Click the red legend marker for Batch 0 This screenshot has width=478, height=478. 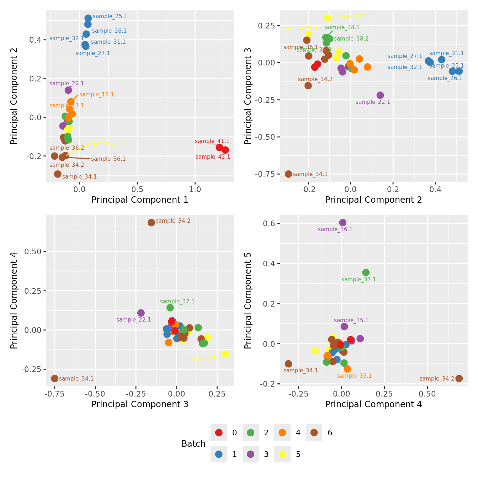219,432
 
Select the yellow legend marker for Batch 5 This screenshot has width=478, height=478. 282,454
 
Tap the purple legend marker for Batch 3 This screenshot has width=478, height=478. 250,454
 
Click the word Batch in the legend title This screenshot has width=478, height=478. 193,444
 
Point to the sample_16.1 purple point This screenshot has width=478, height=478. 342,223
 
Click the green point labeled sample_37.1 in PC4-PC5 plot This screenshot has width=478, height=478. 366,272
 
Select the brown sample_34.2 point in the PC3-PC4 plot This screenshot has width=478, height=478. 151,223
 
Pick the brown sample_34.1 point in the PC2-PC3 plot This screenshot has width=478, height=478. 288,174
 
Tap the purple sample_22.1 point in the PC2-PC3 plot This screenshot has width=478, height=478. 380,95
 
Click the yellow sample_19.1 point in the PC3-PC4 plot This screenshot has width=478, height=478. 225,354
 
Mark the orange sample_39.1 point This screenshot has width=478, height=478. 347,369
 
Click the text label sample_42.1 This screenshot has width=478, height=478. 213,157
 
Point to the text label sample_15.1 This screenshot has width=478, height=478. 351,320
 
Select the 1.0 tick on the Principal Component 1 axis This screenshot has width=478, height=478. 195,189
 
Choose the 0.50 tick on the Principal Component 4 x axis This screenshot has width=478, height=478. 427,394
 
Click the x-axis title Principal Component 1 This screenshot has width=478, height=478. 140,200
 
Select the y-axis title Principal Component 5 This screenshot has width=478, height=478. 248,301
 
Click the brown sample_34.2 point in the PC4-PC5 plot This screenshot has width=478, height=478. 459,378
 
